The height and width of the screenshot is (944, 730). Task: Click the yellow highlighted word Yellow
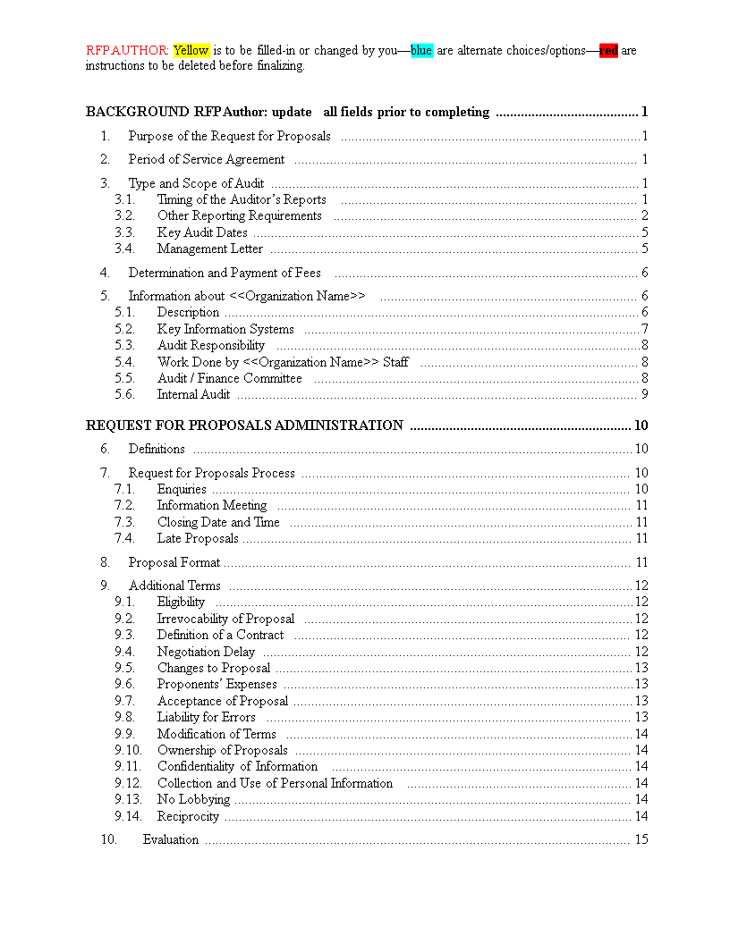[191, 51]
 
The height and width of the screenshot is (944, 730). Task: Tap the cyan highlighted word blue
[421, 51]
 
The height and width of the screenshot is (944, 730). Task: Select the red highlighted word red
[608, 51]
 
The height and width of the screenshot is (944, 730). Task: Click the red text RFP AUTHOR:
[127, 51]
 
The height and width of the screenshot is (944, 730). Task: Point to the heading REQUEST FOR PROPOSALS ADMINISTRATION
[244, 426]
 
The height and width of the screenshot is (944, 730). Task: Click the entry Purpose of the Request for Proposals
[229, 136]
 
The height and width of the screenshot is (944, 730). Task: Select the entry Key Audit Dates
[202, 232]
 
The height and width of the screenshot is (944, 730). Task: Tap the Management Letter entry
[210, 249]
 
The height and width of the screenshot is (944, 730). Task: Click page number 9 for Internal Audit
[644, 394]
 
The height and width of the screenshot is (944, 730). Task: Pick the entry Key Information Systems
[225, 329]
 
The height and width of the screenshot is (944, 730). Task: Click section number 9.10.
[128, 750]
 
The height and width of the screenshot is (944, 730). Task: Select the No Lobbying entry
[193, 799]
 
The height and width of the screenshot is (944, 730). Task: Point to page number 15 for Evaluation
[641, 839]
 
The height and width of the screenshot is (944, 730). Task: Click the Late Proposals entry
[198, 538]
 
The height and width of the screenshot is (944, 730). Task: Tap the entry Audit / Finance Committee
[230, 378]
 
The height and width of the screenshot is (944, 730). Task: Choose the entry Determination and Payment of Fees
[225, 273]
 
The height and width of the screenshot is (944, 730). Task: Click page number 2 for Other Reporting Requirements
[644, 215]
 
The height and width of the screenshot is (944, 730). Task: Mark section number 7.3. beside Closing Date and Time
[124, 522]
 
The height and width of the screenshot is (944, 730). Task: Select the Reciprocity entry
[188, 816]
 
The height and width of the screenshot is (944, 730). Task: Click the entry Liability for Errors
[206, 717]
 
